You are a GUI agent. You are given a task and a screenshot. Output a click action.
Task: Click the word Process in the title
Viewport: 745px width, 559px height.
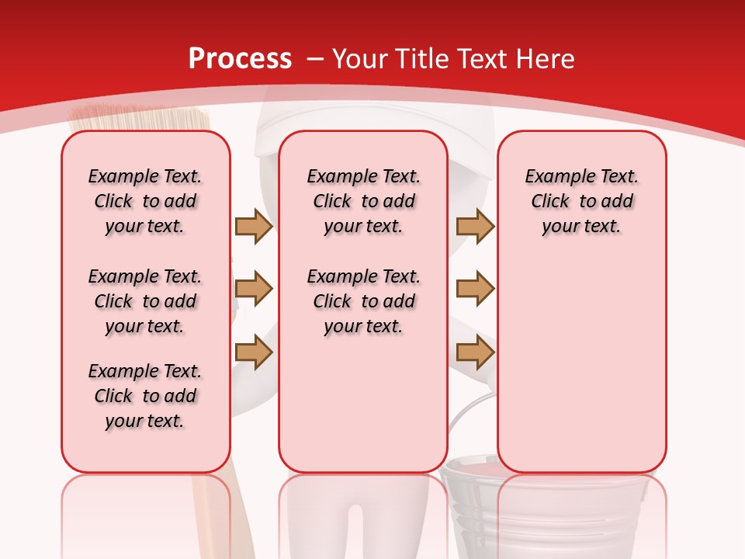(x=240, y=59)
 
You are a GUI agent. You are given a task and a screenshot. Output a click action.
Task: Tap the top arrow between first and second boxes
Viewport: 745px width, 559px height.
(x=254, y=226)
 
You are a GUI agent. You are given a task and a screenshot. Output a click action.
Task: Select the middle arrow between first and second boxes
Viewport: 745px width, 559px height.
(x=254, y=289)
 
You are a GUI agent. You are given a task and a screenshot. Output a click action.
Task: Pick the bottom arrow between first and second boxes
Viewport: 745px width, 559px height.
(x=254, y=353)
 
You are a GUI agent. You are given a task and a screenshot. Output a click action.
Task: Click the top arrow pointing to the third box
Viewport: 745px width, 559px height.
(x=475, y=226)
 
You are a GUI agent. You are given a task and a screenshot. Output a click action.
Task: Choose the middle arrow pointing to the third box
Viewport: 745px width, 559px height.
(x=475, y=289)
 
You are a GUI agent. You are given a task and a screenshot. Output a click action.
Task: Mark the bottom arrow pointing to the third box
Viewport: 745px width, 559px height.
(x=475, y=353)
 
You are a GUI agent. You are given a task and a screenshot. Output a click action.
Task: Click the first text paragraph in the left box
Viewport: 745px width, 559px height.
(x=145, y=201)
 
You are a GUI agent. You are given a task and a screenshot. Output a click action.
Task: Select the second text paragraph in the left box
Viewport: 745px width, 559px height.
(x=145, y=301)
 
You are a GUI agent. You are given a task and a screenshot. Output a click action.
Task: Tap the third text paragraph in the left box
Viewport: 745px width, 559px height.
(x=145, y=396)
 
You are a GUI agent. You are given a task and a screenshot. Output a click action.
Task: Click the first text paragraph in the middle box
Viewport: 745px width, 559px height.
(x=363, y=201)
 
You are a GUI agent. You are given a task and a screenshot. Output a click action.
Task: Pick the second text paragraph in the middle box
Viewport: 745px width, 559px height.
(x=363, y=301)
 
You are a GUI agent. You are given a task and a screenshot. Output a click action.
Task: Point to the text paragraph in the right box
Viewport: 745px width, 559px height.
(x=581, y=201)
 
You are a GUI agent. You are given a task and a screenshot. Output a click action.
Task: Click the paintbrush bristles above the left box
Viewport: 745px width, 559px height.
(x=140, y=119)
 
